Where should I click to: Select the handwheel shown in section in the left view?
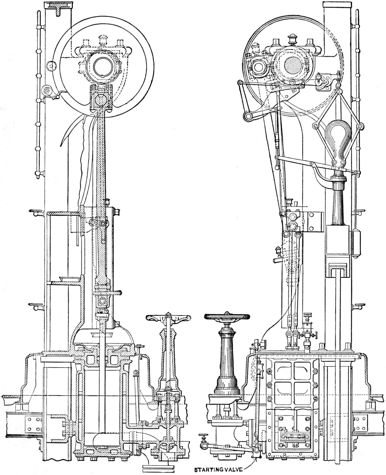point(168,317)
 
